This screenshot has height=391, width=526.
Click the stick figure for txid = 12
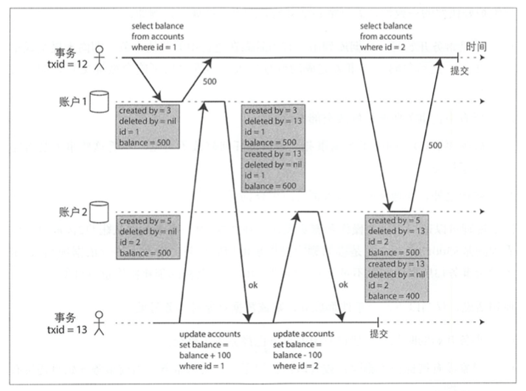[x=100, y=58]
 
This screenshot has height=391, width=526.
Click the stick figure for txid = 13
[x=100, y=323]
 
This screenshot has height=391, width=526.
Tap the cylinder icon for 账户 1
[x=100, y=101]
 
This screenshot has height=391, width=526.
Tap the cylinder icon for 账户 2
[x=100, y=212]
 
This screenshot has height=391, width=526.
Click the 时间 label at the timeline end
[x=476, y=46]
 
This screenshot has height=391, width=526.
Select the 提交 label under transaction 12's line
[x=460, y=71]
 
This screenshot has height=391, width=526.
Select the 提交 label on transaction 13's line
[x=379, y=333]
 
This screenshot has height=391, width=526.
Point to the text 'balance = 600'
[x=271, y=186]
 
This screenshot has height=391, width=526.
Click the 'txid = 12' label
[x=67, y=64]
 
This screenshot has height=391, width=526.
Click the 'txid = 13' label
[x=67, y=330]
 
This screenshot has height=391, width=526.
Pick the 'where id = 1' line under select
[x=154, y=47]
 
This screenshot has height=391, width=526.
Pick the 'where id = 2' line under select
[x=383, y=47]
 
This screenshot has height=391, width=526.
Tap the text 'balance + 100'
[x=205, y=355]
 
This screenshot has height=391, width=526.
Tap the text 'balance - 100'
[x=297, y=355]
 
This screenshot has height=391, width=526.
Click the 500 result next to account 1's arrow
[x=210, y=81]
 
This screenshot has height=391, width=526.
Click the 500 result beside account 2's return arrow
[x=435, y=145]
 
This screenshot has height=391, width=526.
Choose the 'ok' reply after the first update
[x=253, y=285]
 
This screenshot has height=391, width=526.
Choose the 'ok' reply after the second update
[x=343, y=285]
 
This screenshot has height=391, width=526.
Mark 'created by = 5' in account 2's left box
[x=145, y=221]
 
